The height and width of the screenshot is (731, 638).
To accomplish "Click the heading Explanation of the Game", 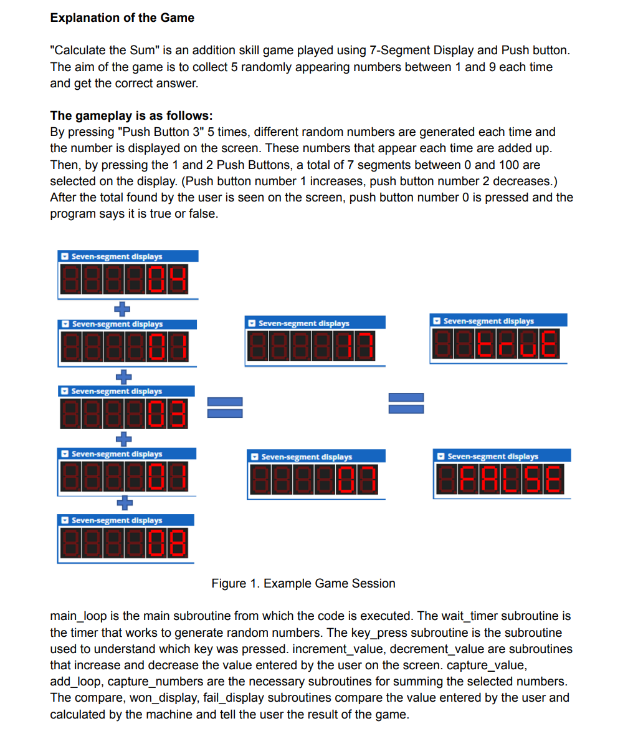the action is click(122, 17).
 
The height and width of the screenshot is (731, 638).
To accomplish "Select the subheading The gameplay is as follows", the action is click(131, 115).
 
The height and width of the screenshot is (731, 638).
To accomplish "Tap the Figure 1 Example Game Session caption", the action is click(303, 583).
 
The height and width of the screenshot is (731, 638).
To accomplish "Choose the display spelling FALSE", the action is click(501, 480).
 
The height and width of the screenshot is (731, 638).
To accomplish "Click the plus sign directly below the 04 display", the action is click(125, 307).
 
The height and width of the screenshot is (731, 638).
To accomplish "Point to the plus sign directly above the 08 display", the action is click(125, 501).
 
